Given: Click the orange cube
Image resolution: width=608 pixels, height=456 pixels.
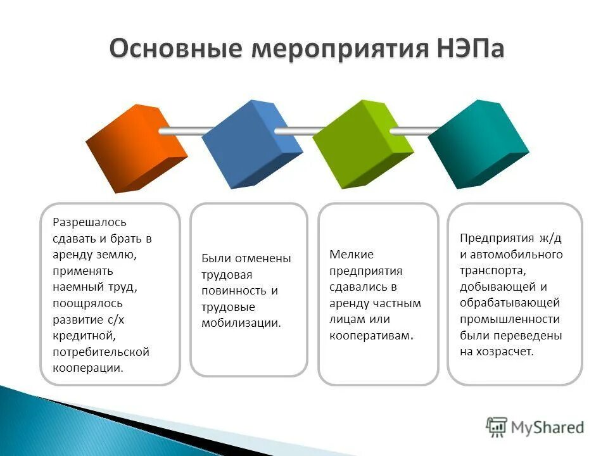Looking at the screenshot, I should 136,147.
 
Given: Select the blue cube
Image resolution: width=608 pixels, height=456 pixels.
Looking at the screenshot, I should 251,144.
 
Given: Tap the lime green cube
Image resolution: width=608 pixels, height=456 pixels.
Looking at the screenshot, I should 362,144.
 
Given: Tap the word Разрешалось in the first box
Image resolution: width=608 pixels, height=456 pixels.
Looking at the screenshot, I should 89,222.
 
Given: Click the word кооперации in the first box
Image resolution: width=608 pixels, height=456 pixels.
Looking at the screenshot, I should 88,368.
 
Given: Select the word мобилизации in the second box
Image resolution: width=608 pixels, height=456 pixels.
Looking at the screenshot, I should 241,323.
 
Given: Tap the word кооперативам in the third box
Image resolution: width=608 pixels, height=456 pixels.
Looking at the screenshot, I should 371,336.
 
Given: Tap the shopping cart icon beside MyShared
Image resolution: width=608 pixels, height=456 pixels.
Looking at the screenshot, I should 497,427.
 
